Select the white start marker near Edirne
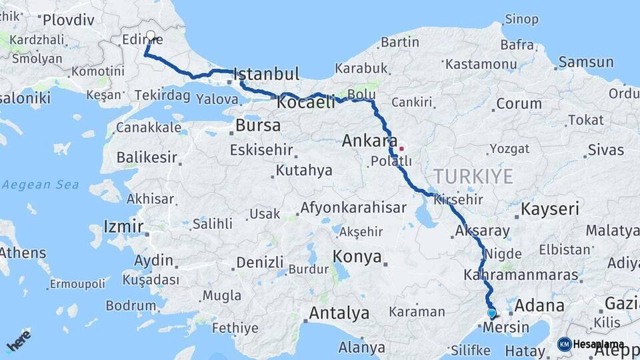(151, 35)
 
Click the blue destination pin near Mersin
(491, 313)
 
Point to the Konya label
(357, 257)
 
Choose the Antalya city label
(339, 313)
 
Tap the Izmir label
(124, 226)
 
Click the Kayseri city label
(549, 209)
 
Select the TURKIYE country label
(473, 177)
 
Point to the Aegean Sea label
(40, 185)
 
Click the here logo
(18, 341)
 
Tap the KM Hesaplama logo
(591, 344)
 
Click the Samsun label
(586, 62)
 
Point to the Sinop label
(521, 19)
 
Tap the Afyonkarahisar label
(353, 208)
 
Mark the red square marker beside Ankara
(401, 147)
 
